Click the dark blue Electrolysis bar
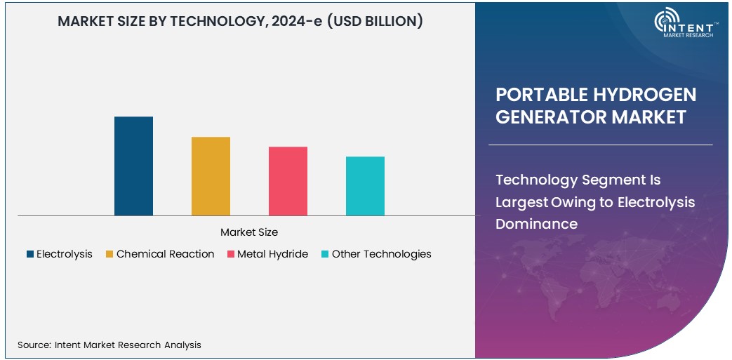[133, 166]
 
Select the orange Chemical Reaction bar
[211, 176]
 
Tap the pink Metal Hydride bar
[288, 181]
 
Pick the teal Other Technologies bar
[365, 186]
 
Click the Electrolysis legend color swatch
[30, 255]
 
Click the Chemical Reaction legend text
[165, 254]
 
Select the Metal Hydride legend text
[272, 254]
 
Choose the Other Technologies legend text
[381, 254]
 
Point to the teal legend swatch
[325, 255]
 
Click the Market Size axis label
[248, 232]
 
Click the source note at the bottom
[109, 345]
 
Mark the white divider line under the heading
[600, 145]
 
